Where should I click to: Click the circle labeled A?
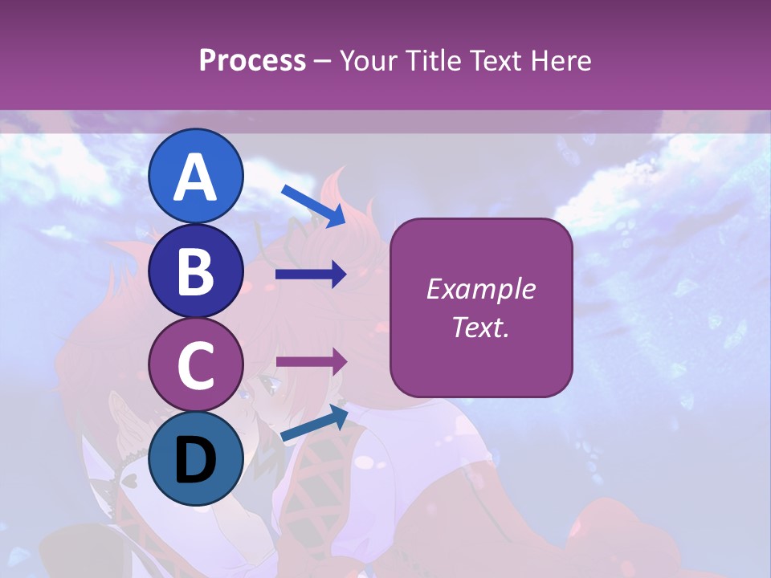click(196, 176)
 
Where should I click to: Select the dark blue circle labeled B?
click(196, 271)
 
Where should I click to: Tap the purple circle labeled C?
click(196, 364)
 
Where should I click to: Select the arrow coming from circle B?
click(311, 275)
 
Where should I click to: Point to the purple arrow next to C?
click(311, 361)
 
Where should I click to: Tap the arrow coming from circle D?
click(313, 424)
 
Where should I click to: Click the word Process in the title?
click(252, 60)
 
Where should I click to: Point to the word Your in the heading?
click(366, 60)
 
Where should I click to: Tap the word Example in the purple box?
click(480, 289)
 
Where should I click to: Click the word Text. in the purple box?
click(480, 328)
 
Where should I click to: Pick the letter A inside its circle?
click(196, 177)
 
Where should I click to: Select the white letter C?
click(196, 366)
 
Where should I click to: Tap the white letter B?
click(196, 272)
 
